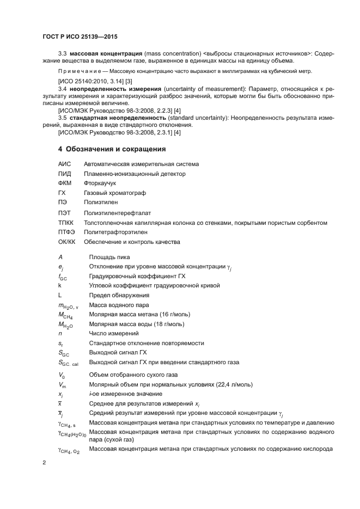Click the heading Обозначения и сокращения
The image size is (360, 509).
tap(115, 149)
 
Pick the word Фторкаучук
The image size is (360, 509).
tap(100, 183)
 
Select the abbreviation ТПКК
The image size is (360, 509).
tap(66, 223)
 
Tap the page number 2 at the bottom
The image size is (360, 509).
tap(44, 463)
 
